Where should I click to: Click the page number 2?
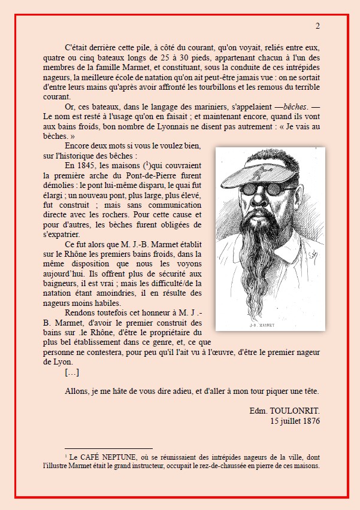[317, 26]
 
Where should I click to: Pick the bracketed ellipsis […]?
[71, 372]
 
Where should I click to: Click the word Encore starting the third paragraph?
[78, 146]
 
